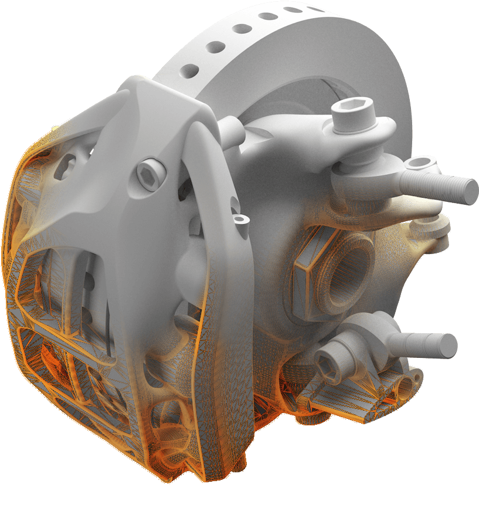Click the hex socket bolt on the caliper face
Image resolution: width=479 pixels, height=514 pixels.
point(148,174)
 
